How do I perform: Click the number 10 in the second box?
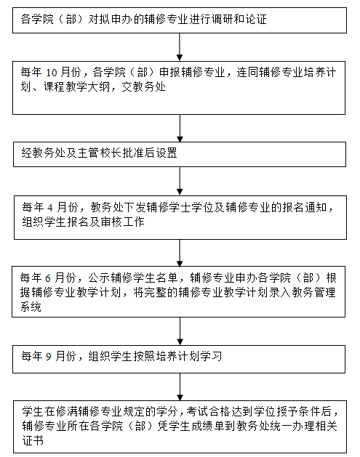52,73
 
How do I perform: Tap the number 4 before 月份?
50,208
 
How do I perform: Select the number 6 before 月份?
47,278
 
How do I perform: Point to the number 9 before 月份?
49,357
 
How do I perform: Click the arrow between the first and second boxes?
180,46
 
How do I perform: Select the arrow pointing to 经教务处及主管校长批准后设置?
180,129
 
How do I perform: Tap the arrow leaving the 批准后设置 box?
180,181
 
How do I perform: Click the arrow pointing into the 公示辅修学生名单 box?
180,253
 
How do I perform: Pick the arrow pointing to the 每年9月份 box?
180,331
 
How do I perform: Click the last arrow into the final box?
180,387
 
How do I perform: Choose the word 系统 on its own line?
31,307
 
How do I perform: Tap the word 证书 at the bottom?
33,440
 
